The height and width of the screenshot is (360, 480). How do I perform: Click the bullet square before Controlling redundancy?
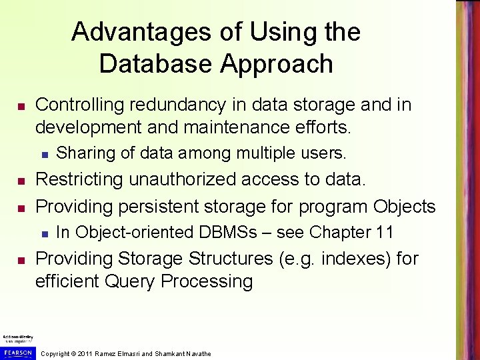pos(21,107)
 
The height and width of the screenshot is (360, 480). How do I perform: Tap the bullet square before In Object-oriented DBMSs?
pos(45,234)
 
